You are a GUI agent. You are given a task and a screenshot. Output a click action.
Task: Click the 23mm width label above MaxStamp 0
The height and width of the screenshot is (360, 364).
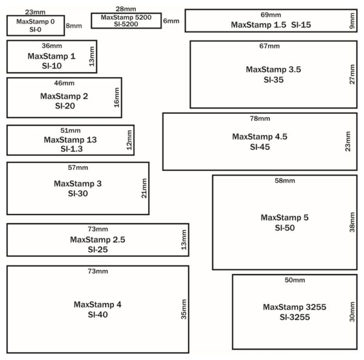(x=35, y=12)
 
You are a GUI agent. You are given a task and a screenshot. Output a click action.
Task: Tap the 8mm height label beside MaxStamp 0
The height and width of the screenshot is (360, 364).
(x=74, y=25)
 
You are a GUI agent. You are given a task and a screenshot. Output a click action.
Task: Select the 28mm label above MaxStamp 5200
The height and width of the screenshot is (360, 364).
(x=126, y=9)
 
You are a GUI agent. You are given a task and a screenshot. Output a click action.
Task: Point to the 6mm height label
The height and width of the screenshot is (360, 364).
(x=171, y=21)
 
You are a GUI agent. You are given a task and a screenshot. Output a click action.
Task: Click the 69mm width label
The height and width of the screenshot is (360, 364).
(x=271, y=15)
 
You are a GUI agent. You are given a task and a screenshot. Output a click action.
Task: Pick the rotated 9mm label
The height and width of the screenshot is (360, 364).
(x=352, y=21)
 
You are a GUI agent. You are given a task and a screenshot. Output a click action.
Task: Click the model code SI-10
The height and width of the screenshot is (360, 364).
(x=52, y=66)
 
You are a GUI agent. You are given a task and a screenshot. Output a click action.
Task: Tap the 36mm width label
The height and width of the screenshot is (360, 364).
(x=52, y=45)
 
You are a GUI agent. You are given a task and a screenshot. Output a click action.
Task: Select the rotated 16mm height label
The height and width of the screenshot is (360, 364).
(x=116, y=98)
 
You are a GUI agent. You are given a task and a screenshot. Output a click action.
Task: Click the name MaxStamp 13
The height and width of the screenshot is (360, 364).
(x=70, y=139)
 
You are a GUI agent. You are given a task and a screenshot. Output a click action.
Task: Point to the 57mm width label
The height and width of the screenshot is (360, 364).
(x=78, y=167)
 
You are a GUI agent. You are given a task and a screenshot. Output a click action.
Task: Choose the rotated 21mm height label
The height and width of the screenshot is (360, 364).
(x=144, y=188)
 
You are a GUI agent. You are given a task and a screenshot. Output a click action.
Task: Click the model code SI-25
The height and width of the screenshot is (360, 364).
(x=98, y=250)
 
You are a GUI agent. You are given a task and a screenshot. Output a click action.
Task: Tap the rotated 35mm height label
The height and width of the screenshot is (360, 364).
(x=184, y=309)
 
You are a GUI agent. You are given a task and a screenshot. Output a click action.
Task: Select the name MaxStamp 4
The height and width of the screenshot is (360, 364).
(x=98, y=304)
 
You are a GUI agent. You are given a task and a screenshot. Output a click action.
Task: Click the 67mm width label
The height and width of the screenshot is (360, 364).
(x=269, y=46)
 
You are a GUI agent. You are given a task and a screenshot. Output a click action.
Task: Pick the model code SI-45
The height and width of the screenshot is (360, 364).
(x=260, y=147)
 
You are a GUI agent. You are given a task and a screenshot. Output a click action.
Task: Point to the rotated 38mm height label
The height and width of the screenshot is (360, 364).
(x=352, y=222)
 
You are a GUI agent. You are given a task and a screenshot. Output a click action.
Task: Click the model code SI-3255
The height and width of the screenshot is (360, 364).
(x=295, y=317)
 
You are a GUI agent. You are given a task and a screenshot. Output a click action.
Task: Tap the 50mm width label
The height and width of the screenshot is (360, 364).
(x=295, y=280)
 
